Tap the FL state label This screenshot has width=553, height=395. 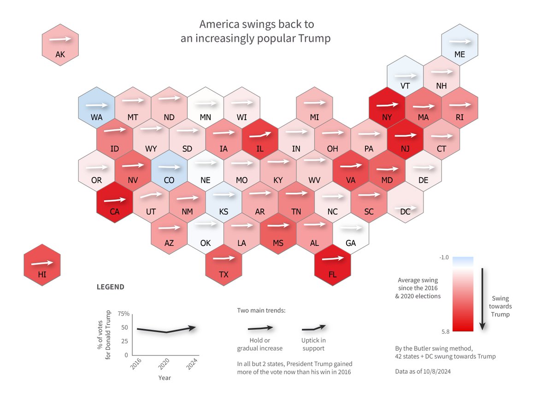pyautogui.click(x=332, y=275)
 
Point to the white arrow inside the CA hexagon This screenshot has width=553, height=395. pyautogui.click(x=114, y=201)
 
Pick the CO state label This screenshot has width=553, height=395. pyautogui.click(x=169, y=180)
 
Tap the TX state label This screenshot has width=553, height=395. pyautogui.click(x=224, y=275)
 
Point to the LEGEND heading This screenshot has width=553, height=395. pyautogui.click(x=110, y=287)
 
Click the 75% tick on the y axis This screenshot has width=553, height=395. pyautogui.click(x=124, y=314)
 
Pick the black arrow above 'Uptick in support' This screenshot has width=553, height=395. pyautogui.click(x=314, y=328)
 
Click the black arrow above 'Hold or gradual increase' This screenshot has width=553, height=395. pyautogui.click(x=260, y=328)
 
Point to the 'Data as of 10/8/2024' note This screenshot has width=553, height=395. pyautogui.click(x=421, y=371)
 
